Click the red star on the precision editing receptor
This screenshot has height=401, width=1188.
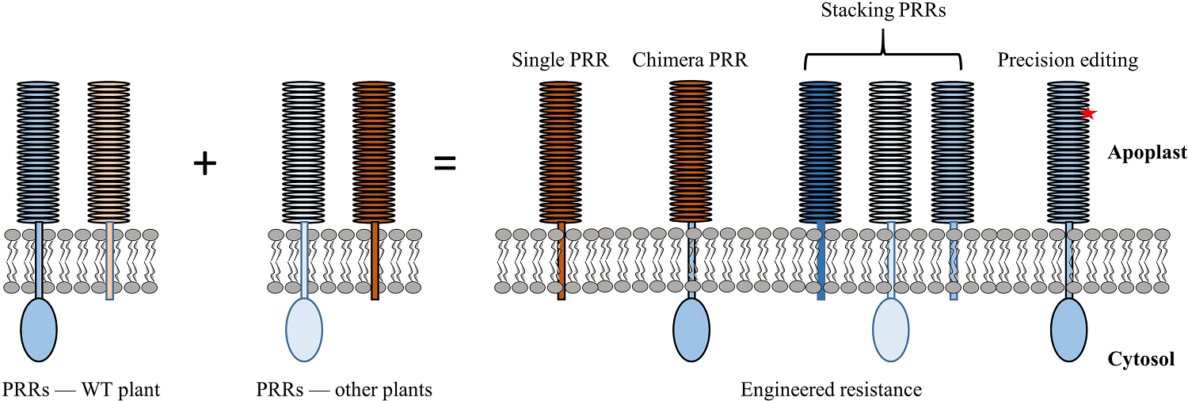click(1088, 113)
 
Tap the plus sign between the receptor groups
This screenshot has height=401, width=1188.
click(205, 164)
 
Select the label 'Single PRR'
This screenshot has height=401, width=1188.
click(560, 60)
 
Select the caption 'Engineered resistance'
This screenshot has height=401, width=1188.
click(831, 389)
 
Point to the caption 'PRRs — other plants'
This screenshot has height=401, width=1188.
click(344, 389)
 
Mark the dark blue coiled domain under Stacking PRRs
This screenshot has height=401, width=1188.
click(821, 151)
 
